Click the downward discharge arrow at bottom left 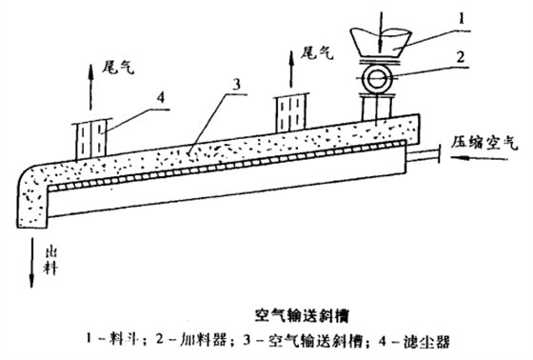[x=30, y=259]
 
